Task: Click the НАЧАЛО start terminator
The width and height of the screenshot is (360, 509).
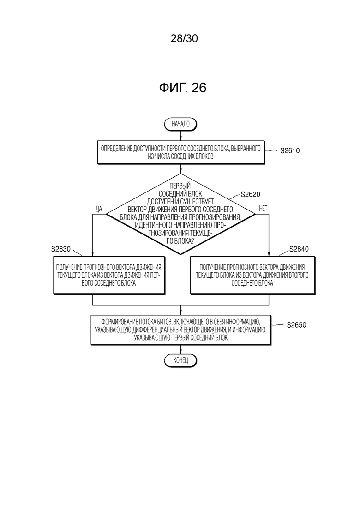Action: coord(180,124)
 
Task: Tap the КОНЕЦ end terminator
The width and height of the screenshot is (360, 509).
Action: coord(180,360)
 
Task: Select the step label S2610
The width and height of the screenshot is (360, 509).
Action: coord(290,150)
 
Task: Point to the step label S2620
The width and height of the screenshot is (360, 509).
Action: coord(250,194)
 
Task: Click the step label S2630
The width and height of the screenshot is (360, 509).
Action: coord(61,249)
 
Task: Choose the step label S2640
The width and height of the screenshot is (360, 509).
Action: coord(299,249)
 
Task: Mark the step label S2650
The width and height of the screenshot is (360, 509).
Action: coord(296,325)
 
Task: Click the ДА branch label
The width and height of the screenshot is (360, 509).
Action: coord(99,209)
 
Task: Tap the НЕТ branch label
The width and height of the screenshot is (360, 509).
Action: coord(263,209)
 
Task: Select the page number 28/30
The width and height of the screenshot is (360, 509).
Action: coord(184,38)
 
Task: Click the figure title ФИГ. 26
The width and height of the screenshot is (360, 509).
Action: coord(183,88)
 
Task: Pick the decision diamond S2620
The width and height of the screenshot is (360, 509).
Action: coord(181,214)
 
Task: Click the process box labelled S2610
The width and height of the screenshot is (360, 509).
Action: coord(181,153)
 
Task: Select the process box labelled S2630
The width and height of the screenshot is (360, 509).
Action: coord(109,275)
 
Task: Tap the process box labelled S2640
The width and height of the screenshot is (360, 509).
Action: coord(252,275)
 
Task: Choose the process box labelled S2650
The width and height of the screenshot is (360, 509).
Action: coord(181,330)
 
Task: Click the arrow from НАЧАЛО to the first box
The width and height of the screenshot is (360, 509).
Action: coord(180,136)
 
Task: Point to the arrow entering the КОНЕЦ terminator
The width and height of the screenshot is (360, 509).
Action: coord(180,349)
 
